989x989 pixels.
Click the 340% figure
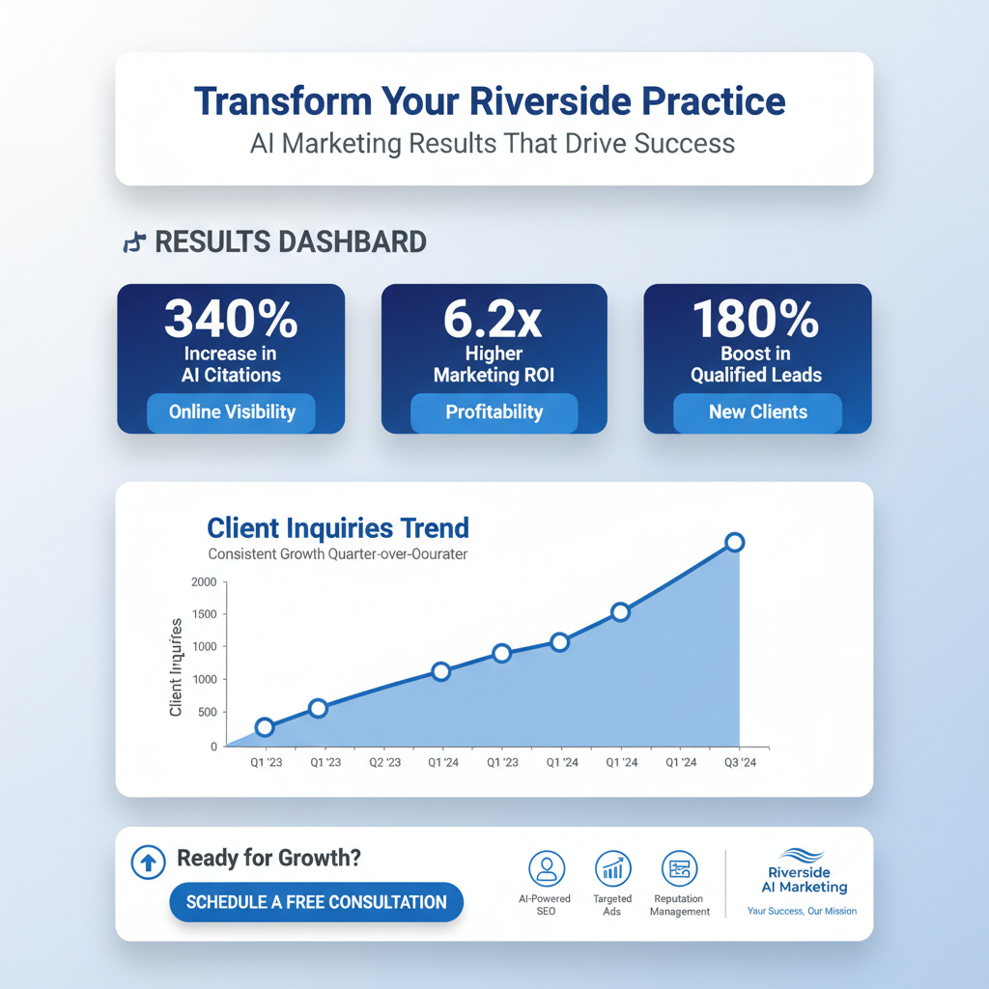(x=230, y=319)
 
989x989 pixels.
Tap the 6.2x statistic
(x=494, y=319)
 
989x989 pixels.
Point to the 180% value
(x=756, y=319)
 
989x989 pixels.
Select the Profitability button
(x=494, y=412)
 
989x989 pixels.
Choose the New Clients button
(x=757, y=412)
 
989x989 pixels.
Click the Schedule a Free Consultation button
(x=316, y=902)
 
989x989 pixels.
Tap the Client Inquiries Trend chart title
(x=338, y=528)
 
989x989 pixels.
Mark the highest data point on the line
(x=734, y=542)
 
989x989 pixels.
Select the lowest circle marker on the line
(x=265, y=727)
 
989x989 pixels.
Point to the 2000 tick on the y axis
(x=204, y=581)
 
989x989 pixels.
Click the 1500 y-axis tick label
(x=204, y=614)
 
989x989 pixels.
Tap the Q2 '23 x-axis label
(x=384, y=762)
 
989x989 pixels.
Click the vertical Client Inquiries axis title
(x=177, y=666)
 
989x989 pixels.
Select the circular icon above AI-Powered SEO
(x=547, y=867)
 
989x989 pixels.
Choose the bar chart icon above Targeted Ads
(x=612, y=867)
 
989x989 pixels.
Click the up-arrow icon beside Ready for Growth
(x=147, y=862)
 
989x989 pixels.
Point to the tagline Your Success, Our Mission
(x=802, y=911)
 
